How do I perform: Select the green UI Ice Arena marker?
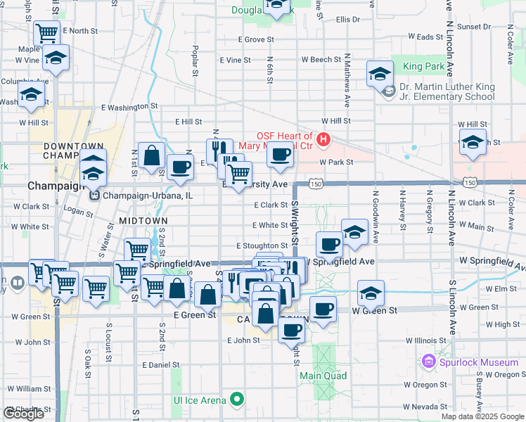click(x=237, y=400)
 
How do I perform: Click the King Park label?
click(x=424, y=67)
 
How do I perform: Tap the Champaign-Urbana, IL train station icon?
click(x=94, y=195)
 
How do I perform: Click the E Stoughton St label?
click(x=261, y=245)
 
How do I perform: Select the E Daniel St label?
click(x=161, y=365)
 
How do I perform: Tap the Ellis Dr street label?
click(x=347, y=20)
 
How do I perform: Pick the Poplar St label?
click(x=195, y=63)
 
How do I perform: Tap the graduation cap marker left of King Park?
click(x=380, y=72)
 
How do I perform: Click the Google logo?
click(x=23, y=414)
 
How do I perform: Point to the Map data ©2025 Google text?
click(x=482, y=416)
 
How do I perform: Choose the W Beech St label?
click(x=321, y=60)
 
